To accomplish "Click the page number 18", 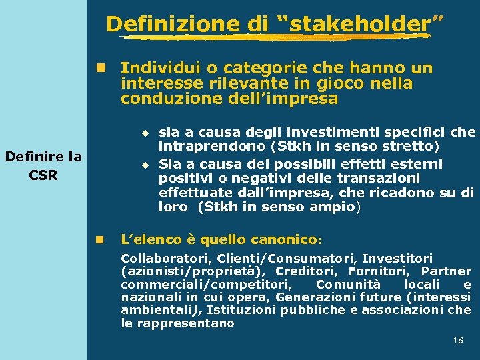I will coord(458,341).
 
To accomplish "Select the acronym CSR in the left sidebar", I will coord(43,175).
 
